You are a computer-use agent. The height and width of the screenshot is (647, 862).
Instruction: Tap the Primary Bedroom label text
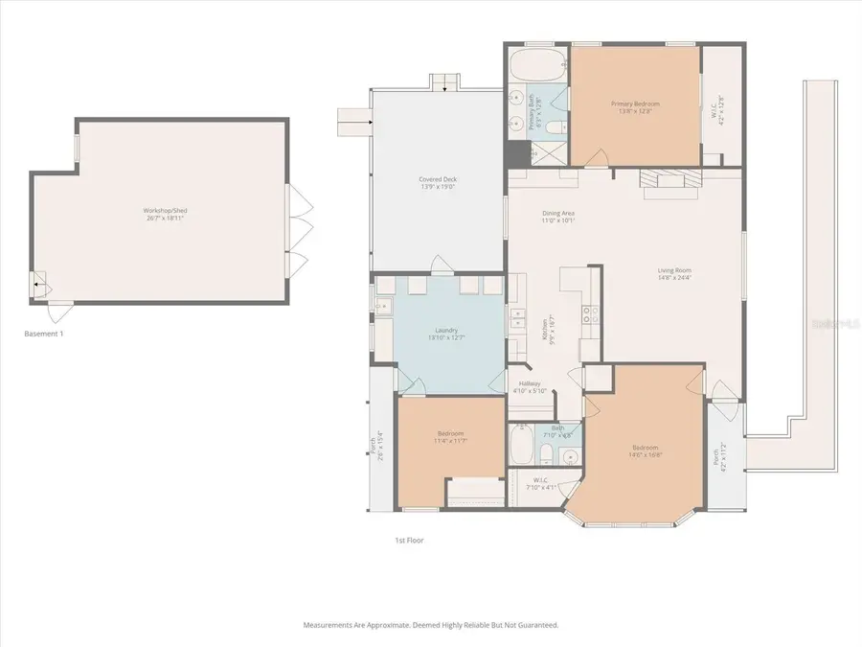pos(635,104)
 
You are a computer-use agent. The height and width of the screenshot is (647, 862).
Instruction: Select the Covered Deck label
pos(438,179)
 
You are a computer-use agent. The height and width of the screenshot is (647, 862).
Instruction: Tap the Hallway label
pos(524,383)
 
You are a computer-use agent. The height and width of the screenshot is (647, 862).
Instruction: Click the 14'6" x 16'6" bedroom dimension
pos(646,454)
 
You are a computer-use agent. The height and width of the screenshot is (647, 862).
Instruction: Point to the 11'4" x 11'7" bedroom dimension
pos(450,441)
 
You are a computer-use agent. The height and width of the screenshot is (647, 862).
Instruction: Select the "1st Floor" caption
pos(409,540)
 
